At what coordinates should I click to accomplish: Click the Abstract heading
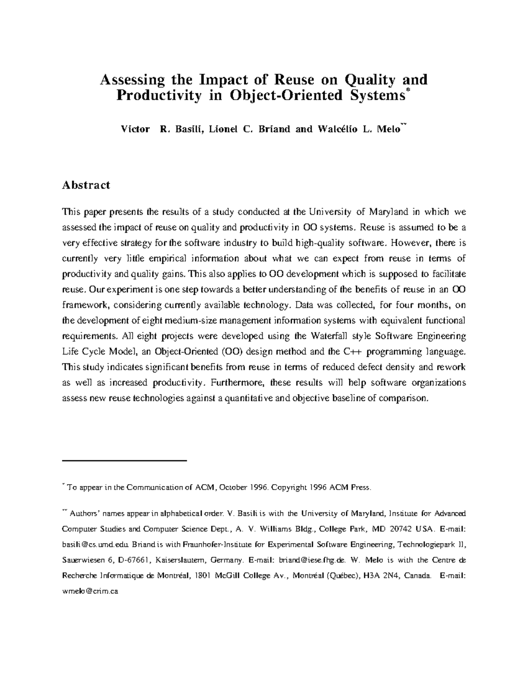[86, 185]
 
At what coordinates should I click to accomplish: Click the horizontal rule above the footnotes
[125, 460]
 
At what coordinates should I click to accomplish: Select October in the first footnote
[234, 487]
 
